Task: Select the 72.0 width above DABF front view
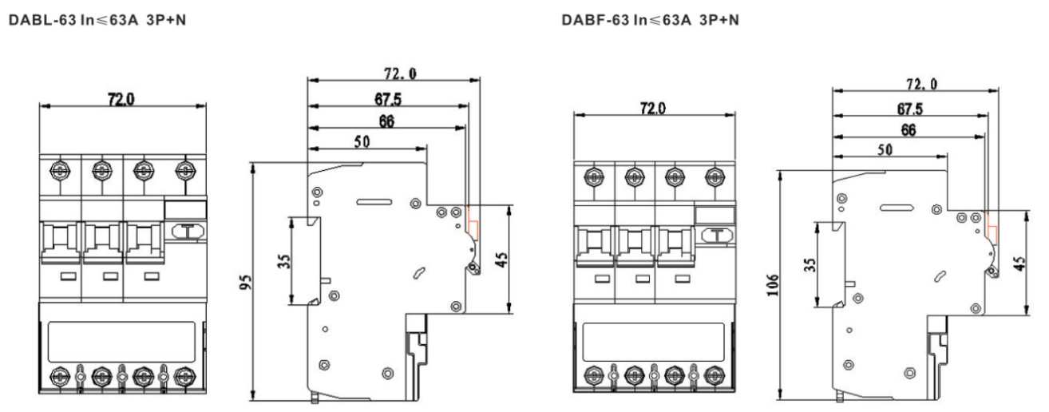652,109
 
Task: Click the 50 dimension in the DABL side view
362,141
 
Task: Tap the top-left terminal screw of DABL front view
58,169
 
